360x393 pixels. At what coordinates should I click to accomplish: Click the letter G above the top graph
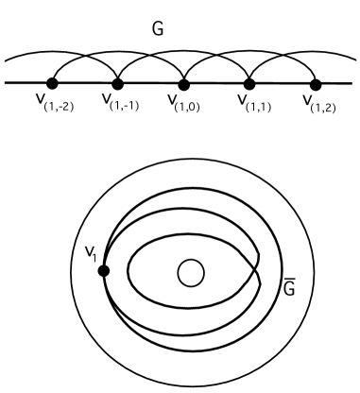(158, 30)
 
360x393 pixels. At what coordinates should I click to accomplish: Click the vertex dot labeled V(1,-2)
(52, 84)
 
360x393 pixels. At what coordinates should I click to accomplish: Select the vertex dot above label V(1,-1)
(118, 84)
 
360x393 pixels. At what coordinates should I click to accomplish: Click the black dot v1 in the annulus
(104, 271)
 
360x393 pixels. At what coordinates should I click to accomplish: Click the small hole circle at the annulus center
(191, 273)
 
